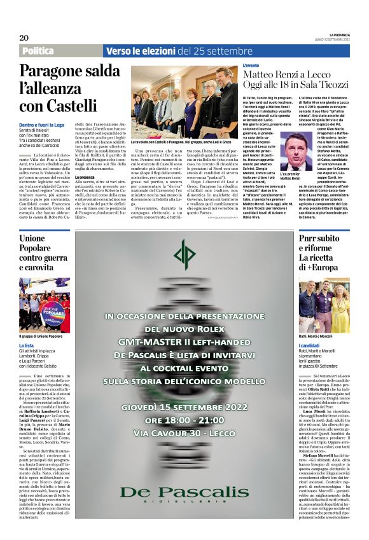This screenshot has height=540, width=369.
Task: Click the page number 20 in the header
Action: click(x=25, y=38)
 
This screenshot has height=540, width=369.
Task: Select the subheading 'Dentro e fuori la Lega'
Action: click(x=41, y=126)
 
